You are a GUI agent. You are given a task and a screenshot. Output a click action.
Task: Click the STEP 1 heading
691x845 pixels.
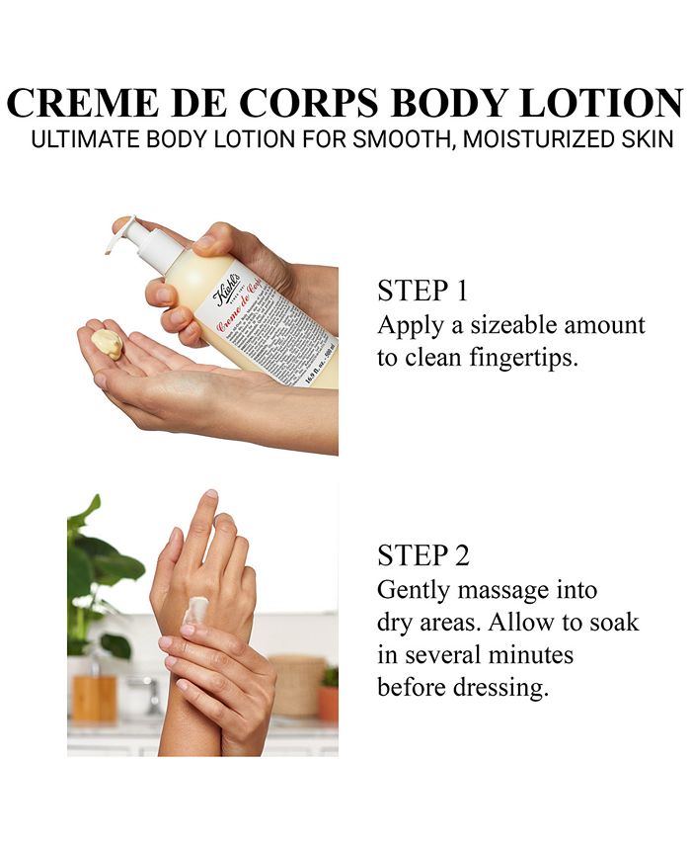coord(422,292)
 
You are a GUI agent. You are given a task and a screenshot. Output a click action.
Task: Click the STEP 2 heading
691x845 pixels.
coord(423,556)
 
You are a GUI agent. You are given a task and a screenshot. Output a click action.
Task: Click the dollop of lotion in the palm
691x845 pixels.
coord(108,343)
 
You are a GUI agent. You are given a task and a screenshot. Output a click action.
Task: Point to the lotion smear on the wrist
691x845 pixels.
coord(195,610)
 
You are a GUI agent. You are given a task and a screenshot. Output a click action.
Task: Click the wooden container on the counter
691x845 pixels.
coord(95,698)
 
